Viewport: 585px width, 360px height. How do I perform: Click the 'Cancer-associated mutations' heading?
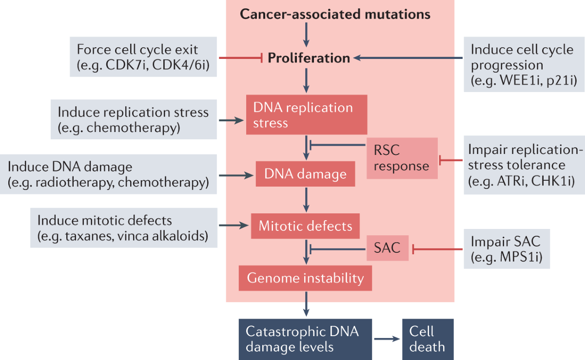(x=335, y=14)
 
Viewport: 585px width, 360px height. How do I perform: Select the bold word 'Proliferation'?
(x=309, y=58)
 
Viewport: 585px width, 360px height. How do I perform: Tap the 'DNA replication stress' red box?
(x=306, y=114)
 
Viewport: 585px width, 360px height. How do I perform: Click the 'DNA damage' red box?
(x=306, y=173)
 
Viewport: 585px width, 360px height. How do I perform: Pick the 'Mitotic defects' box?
(x=306, y=226)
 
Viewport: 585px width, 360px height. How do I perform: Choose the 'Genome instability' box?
(x=306, y=278)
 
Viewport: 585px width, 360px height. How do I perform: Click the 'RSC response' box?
(x=401, y=158)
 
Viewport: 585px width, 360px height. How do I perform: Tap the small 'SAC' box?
(x=388, y=248)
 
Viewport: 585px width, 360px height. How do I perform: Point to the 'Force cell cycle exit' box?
(x=143, y=58)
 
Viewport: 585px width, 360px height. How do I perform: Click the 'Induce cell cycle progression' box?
(x=523, y=65)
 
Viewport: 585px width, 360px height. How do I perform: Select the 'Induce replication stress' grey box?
(x=133, y=120)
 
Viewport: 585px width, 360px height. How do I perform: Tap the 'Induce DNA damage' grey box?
(x=109, y=173)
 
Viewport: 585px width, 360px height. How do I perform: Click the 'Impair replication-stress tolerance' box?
(x=524, y=166)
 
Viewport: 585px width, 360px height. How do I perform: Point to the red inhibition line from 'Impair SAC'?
(x=437, y=249)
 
